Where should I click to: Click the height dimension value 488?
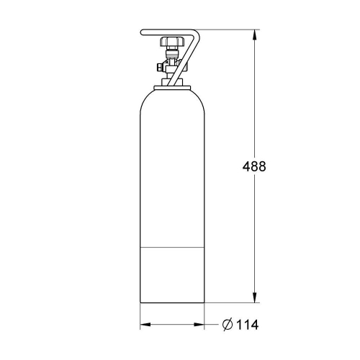[255, 166]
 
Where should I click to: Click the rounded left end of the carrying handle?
[142, 32]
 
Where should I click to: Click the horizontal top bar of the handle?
[169, 30]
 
